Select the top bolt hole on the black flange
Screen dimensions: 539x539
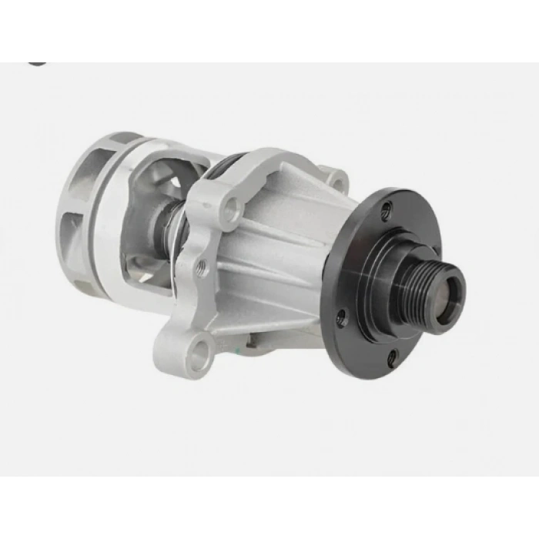coord(387,206)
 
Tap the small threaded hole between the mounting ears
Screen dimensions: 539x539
coord(203,268)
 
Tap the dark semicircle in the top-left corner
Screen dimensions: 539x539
coord(35,62)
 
